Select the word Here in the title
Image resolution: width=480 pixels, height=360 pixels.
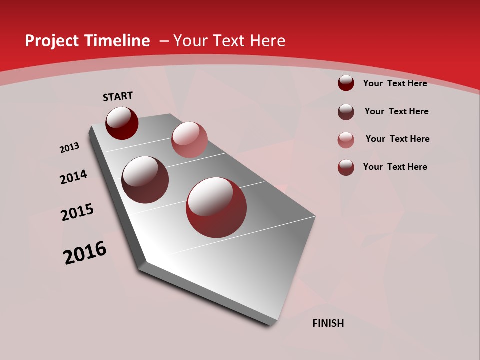coord(267,41)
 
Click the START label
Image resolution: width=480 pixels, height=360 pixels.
coord(118,96)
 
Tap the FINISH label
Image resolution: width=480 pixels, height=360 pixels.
coord(328,323)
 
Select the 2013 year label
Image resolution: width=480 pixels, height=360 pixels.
coord(69,148)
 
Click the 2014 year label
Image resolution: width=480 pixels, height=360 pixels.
coord(74,177)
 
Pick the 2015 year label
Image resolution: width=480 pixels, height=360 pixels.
coord(77,212)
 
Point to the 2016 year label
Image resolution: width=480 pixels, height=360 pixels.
coord(85,253)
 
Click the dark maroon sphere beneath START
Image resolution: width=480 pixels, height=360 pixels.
coord(122,123)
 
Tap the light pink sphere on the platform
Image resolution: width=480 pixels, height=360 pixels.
coord(189,139)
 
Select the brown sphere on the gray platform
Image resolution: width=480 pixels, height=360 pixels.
coord(145,180)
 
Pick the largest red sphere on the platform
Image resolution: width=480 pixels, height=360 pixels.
coord(216,207)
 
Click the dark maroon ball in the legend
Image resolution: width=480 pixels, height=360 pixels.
coord(346,83)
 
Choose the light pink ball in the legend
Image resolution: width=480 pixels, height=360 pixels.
coord(346,139)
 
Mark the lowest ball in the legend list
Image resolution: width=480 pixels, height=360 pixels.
coord(346,167)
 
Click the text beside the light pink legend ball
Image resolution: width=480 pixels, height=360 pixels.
coord(397,139)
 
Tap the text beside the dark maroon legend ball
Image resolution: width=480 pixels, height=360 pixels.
coord(395,83)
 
